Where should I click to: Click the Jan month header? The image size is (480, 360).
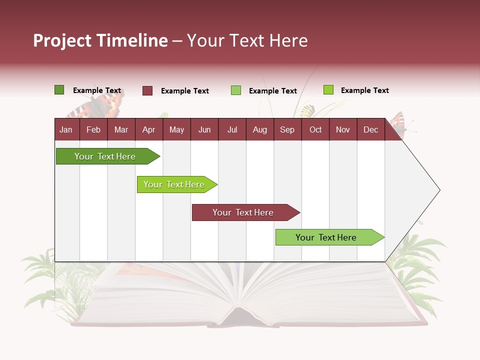pos(66,129)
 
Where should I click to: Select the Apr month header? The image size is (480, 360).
pos(148,129)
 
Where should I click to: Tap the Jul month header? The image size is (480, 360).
pos(232,129)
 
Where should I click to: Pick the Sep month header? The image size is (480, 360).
pos(287,129)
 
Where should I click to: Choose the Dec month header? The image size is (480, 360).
pos(370,129)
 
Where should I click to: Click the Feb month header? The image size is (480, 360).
pos(93,129)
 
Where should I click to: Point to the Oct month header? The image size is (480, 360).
pos(315,129)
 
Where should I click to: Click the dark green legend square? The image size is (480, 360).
pos(59,90)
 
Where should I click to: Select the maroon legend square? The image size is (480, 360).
pos(147,90)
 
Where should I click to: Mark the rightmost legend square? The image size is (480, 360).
pos(328,90)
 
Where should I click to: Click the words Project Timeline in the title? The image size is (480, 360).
pos(100,40)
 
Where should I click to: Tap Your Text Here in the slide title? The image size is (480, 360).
pos(247,40)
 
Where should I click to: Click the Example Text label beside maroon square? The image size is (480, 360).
pos(184,91)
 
